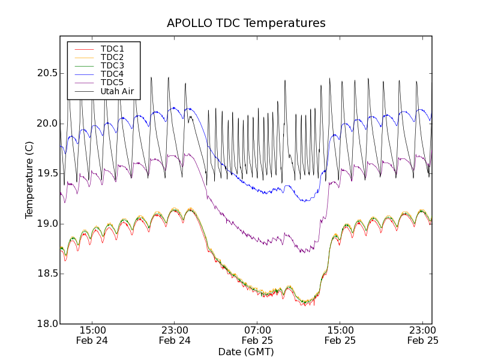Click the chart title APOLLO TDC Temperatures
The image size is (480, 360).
(x=246, y=23)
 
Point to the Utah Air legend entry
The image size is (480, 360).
(x=116, y=91)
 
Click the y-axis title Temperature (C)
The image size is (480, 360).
(x=29, y=180)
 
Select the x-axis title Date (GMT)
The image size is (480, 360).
(x=246, y=352)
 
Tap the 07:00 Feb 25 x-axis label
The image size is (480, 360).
(x=257, y=335)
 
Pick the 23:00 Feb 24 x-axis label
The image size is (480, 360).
(x=175, y=335)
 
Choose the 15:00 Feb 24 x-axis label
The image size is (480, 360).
(x=92, y=335)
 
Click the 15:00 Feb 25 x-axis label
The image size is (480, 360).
(x=340, y=335)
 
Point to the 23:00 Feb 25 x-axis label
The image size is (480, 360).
(x=423, y=335)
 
